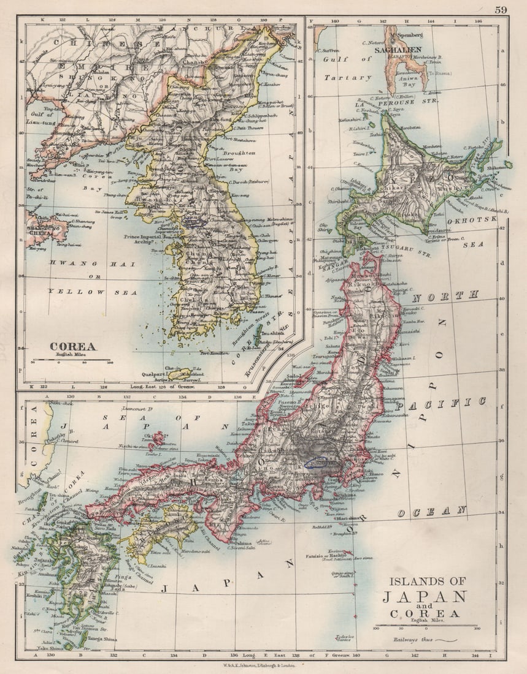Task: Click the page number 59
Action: click(x=501, y=9)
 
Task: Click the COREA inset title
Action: click(x=72, y=346)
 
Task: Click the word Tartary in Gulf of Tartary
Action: click(x=349, y=78)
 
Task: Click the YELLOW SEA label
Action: click(x=85, y=292)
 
